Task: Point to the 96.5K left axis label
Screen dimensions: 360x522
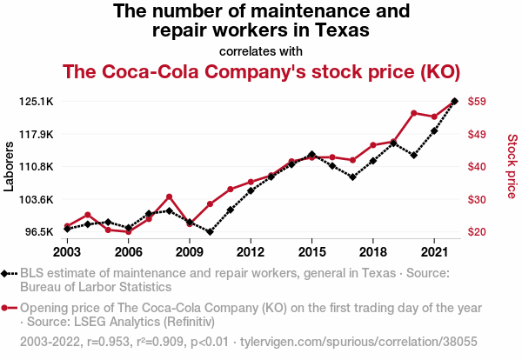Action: point(41,232)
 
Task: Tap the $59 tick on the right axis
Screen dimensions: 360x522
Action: point(477,102)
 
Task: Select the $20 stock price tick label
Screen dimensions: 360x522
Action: point(477,232)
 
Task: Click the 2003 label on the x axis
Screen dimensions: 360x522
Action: point(67,252)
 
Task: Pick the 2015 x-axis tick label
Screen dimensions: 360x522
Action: point(311,252)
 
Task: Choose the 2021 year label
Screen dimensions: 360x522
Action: point(434,252)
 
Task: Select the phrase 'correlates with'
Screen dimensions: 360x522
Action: point(261,51)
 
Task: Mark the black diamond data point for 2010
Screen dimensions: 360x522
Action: point(210,232)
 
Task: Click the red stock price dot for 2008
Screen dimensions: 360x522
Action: point(169,197)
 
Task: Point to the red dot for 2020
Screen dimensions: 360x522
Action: point(413,113)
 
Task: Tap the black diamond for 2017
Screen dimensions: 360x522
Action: point(352,177)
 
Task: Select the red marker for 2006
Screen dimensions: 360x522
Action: point(128,232)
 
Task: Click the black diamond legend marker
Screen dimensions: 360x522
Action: point(8,273)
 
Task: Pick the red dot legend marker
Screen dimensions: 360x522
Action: point(8,308)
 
